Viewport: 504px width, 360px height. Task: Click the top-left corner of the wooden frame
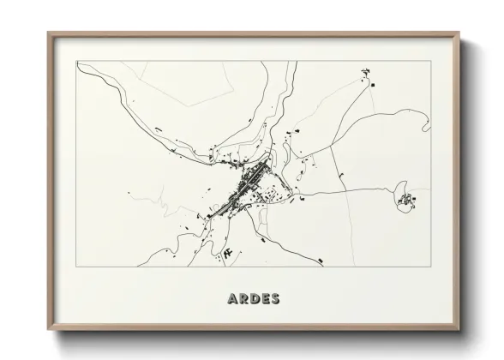(48, 33)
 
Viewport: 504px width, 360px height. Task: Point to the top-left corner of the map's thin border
(77, 61)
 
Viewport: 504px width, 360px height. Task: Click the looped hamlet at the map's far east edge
(405, 202)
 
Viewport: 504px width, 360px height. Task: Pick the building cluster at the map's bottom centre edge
(229, 254)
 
